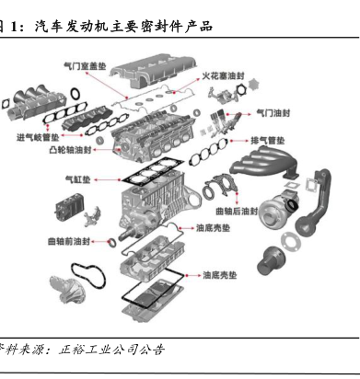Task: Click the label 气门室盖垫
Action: (x=85, y=66)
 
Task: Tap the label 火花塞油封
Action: (x=223, y=75)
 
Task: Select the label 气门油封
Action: (x=273, y=113)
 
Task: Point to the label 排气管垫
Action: (x=268, y=141)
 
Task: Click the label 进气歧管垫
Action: (x=38, y=137)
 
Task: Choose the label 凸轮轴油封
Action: (x=71, y=150)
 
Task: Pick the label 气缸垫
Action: (x=78, y=179)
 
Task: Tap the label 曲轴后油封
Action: (x=237, y=211)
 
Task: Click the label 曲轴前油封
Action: (x=69, y=241)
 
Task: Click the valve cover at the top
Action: (x=154, y=71)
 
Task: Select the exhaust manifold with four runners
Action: (x=264, y=164)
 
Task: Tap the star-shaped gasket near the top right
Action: (x=253, y=85)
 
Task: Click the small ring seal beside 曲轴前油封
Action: (x=111, y=243)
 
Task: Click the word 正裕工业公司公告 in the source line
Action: (x=112, y=350)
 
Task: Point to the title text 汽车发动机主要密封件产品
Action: (x=123, y=27)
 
